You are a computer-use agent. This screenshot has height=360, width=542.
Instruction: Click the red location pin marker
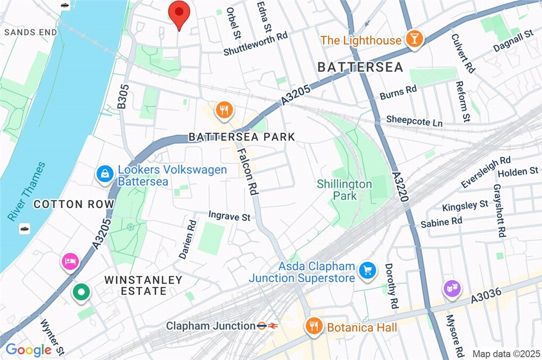coord(179,14)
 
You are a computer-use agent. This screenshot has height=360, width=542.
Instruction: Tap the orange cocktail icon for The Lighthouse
coord(412,39)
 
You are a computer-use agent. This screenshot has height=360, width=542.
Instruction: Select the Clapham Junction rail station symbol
coord(267,326)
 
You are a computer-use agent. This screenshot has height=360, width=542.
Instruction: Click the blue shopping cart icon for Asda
coord(366,271)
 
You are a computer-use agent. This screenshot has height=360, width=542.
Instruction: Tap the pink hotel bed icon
coord(70,260)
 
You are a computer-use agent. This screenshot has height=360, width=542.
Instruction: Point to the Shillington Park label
coord(344,190)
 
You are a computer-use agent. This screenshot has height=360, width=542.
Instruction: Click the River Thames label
coord(27,191)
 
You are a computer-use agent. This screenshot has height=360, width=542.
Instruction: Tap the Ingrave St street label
coord(229,216)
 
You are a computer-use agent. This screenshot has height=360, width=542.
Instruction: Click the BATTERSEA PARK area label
coord(241,137)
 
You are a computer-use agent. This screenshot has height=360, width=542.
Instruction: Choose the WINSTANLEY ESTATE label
coord(143,285)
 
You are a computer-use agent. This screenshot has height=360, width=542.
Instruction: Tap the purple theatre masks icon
coord(451,289)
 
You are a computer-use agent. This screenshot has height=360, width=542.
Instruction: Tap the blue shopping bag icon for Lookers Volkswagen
coord(104,173)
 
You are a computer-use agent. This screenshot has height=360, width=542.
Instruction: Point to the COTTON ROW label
coord(74,204)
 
